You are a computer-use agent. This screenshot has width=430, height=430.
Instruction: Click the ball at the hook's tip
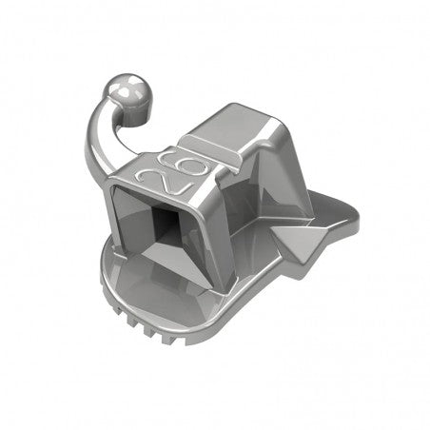pyautogui.click(x=128, y=93)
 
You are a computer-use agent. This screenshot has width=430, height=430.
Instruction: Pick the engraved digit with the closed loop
pyautogui.click(x=174, y=163)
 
